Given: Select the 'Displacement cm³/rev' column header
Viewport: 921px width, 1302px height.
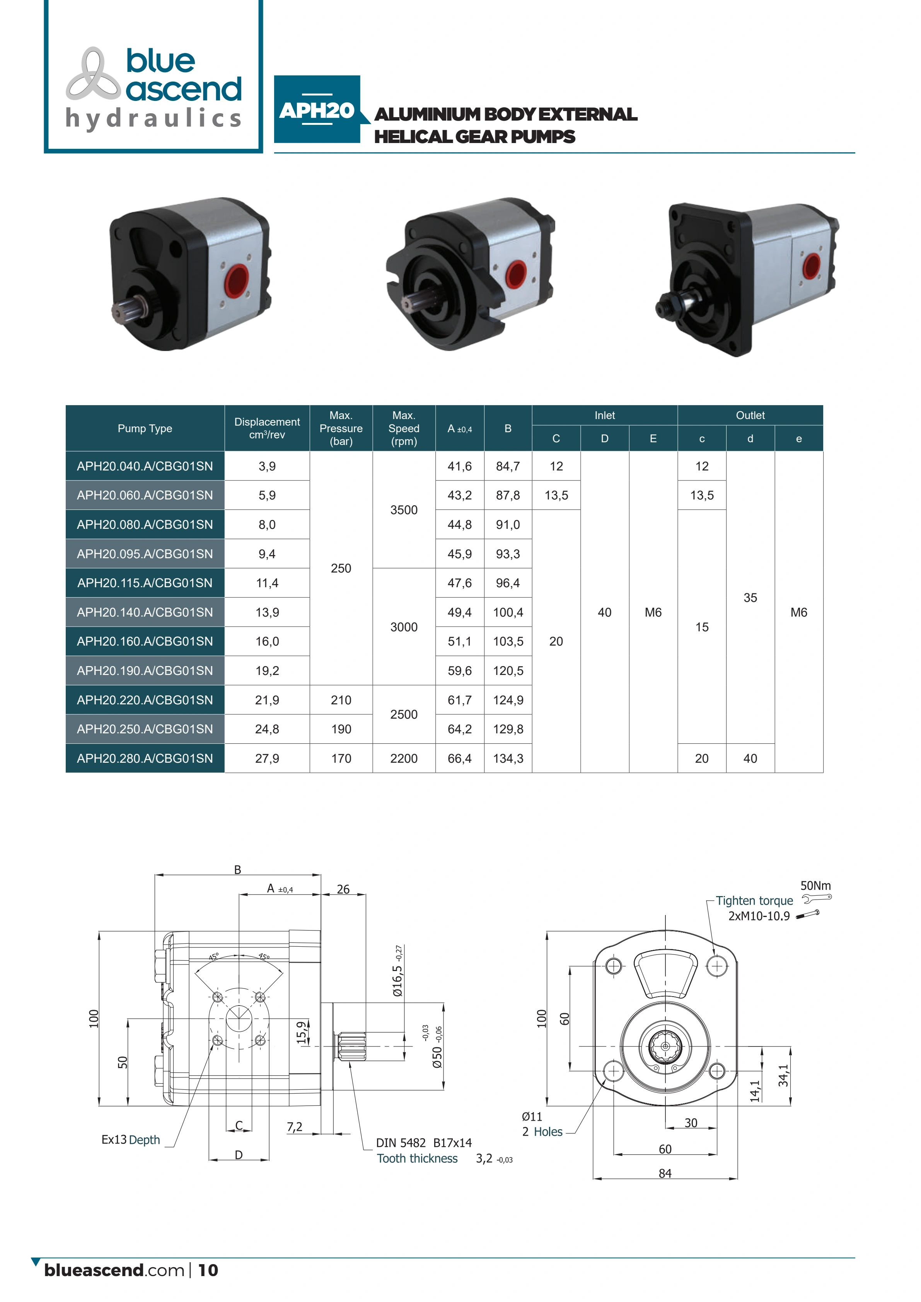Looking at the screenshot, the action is tap(267, 428).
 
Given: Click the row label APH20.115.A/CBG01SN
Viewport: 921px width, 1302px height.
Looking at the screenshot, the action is tap(145, 583).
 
